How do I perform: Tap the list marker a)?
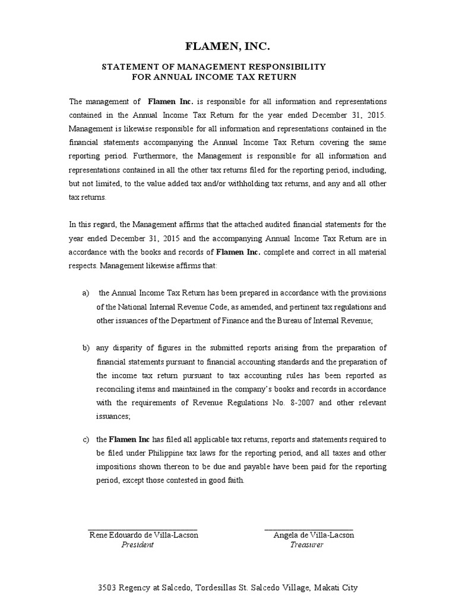click(x=85, y=293)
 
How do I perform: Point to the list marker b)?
click(x=85, y=348)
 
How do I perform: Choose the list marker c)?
click(x=85, y=440)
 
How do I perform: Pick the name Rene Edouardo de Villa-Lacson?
click(x=144, y=535)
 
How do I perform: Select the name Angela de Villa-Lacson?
click(x=313, y=535)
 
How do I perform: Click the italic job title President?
click(x=137, y=545)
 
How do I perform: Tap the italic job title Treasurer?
click(x=306, y=545)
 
